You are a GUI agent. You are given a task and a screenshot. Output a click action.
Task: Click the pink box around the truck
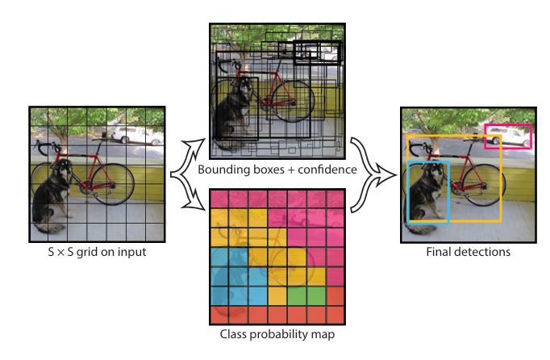pos(485,136)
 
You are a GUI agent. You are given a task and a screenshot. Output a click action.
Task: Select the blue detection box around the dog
pos(409,192)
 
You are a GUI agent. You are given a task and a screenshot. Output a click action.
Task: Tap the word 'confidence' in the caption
pos(327,170)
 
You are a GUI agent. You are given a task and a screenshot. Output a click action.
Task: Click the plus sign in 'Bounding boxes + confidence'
pos(291,170)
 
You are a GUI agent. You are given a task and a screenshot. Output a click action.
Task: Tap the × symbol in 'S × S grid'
pos(60,253)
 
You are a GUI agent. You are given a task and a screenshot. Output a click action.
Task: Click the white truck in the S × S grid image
pos(136,136)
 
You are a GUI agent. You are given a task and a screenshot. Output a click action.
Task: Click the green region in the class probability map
pos(306,295)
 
